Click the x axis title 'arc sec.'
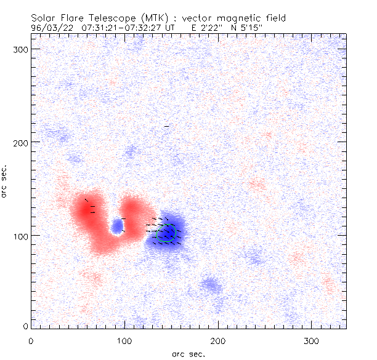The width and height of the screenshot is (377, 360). tap(188, 353)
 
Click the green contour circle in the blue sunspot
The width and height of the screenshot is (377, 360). tap(166, 233)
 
